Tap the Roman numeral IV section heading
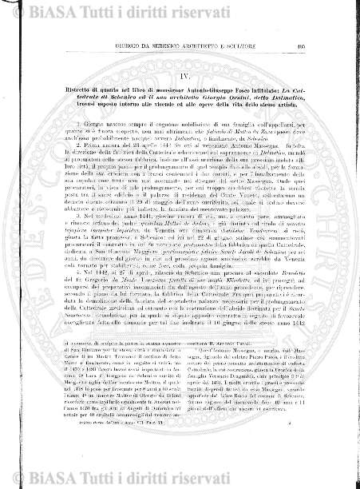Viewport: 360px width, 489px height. tap(180, 58)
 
